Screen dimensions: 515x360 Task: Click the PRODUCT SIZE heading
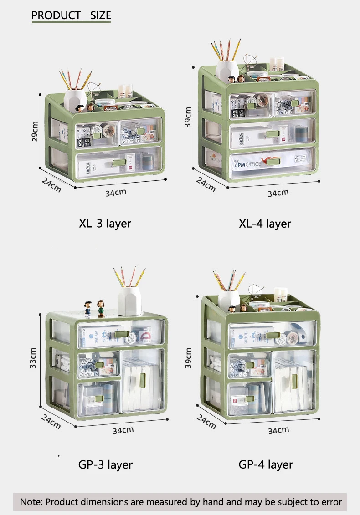pyautogui.click(x=71, y=15)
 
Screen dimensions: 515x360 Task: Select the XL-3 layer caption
pyautogui.click(x=105, y=224)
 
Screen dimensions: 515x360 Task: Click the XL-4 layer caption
pyautogui.click(x=265, y=224)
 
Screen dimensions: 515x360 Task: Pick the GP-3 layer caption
pyautogui.click(x=105, y=464)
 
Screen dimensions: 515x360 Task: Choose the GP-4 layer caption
pyautogui.click(x=266, y=464)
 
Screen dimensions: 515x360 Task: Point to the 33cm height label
pyautogui.click(x=33, y=358)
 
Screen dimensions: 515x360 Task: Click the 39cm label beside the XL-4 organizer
pyautogui.click(x=188, y=117)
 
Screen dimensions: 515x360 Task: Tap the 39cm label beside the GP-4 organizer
pyautogui.click(x=188, y=358)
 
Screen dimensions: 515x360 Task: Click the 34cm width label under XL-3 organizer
pyautogui.click(x=116, y=192)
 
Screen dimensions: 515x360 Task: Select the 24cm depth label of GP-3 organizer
pyautogui.click(x=51, y=421)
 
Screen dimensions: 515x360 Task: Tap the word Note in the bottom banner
pyautogui.click(x=31, y=502)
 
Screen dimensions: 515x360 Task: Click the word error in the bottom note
pyautogui.click(x=330, y=502)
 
